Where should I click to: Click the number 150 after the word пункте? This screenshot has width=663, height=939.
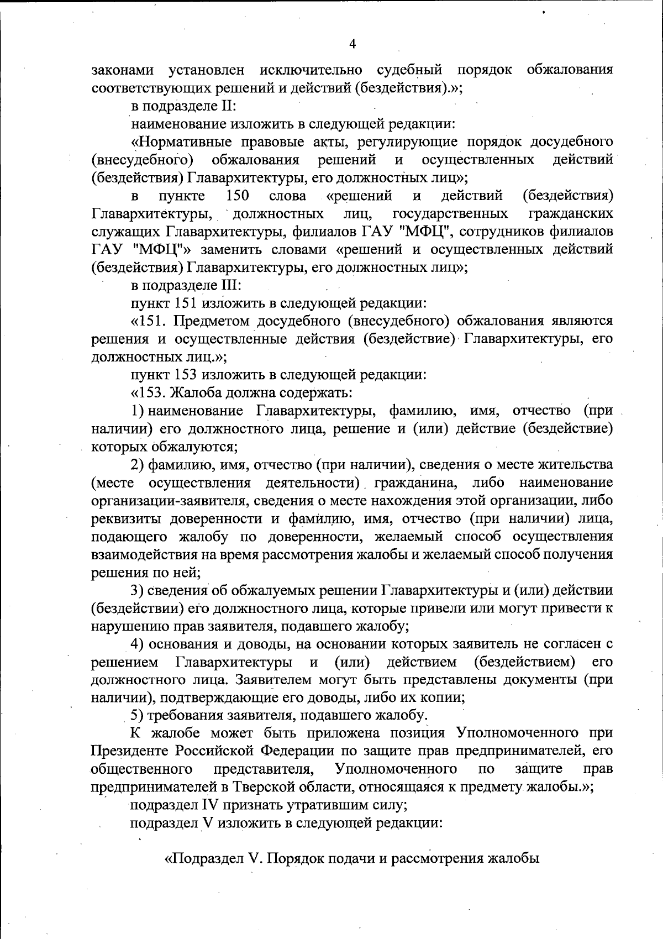(x=238, y=196)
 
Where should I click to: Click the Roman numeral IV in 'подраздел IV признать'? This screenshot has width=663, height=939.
(x=210, y=805)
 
